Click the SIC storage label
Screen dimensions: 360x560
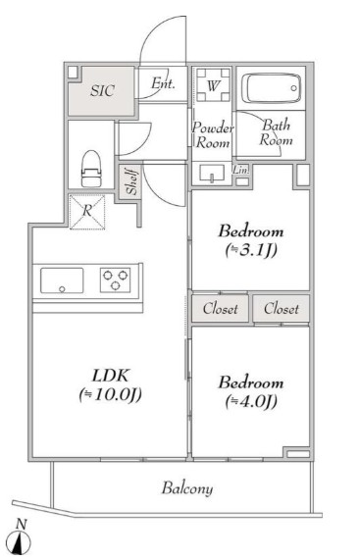102,90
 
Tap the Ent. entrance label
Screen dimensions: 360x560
163,83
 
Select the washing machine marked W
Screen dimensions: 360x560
213,85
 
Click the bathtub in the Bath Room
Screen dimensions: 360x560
271,88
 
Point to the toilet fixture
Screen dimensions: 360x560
91,169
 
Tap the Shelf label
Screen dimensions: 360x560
131,181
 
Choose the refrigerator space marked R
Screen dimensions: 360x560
87,212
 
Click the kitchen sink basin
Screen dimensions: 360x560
62,280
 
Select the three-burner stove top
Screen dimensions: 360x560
115,280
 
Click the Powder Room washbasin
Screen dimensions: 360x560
212,173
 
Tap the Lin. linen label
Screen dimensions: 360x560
241,170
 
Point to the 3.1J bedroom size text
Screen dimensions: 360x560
251,251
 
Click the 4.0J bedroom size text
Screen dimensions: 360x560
251,402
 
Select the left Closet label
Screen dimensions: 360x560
221,309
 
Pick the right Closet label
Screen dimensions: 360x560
282,309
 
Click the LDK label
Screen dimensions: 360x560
111,376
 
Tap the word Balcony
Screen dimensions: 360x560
187,488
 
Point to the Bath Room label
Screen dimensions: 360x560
276,132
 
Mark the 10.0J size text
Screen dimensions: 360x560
111,394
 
